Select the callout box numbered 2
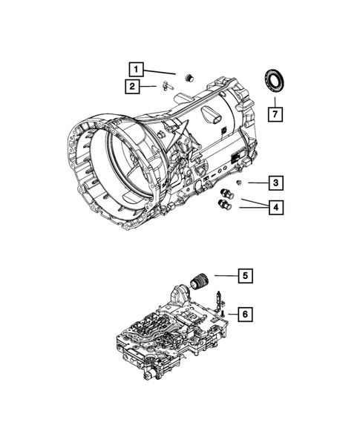click(x=131, y=87)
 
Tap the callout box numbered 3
click(x=275, y=183)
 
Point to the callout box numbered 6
click(x=243, y=315)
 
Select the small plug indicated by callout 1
click(x=188, y=77)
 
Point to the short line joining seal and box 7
click(x=275, y=99)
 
